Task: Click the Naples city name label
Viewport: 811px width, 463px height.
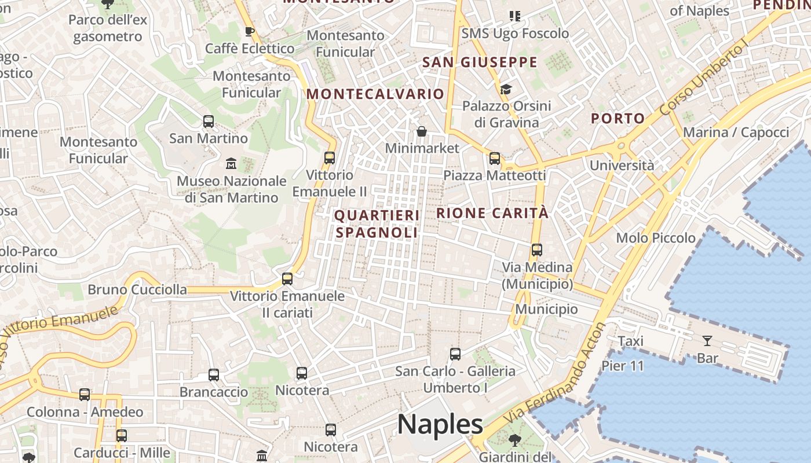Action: point(440,424)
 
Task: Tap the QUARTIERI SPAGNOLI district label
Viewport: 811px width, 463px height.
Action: point(377,224)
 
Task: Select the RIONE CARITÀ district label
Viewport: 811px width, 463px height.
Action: point(492,213)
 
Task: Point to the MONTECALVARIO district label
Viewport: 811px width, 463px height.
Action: point(375,94)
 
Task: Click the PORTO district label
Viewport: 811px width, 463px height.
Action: point(618,119)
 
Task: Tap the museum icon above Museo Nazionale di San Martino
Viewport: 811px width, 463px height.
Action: point(231,163)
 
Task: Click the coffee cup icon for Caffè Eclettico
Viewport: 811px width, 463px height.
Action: point(250,31)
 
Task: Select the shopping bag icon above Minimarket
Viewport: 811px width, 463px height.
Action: point(422,131)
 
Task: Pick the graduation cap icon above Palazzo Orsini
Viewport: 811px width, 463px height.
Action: point(506,89)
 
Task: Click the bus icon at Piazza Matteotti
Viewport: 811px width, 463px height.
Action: point(494,158)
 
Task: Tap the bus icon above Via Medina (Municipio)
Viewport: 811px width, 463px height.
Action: point(537,250)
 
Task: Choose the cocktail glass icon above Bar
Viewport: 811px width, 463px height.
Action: point(707,340)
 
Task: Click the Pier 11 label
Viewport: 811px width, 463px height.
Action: point(622,366)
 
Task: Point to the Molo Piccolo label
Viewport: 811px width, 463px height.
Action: point(656,238)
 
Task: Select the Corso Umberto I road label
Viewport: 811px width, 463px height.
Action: point(704,79)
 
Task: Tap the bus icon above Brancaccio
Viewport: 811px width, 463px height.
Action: point(214,374)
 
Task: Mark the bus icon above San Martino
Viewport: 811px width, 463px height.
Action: point(209,122)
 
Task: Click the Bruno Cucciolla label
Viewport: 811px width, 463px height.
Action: point(137,289)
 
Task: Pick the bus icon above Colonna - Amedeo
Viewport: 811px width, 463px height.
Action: point(85,395)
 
